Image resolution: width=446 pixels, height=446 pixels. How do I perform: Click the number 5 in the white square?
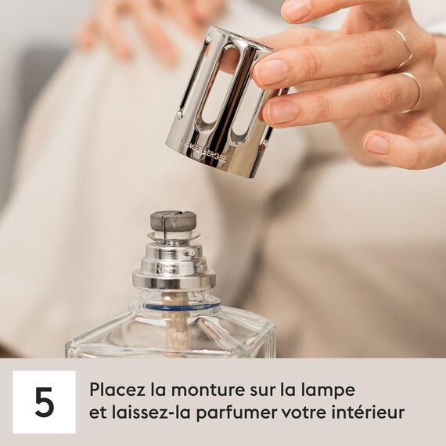click(45, 401)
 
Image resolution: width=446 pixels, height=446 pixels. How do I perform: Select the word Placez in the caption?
click(114, 389)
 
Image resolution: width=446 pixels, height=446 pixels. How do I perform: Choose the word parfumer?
click(232, 413)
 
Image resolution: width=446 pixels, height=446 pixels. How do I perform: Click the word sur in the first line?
click(259, 389)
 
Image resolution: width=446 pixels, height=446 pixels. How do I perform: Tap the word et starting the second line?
click(97, 412)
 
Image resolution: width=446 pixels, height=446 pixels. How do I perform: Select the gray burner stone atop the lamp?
click(173, 221)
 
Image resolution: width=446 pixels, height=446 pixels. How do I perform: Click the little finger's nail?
click(376, 144)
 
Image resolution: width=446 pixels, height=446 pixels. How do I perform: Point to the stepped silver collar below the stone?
click(174, 262)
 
